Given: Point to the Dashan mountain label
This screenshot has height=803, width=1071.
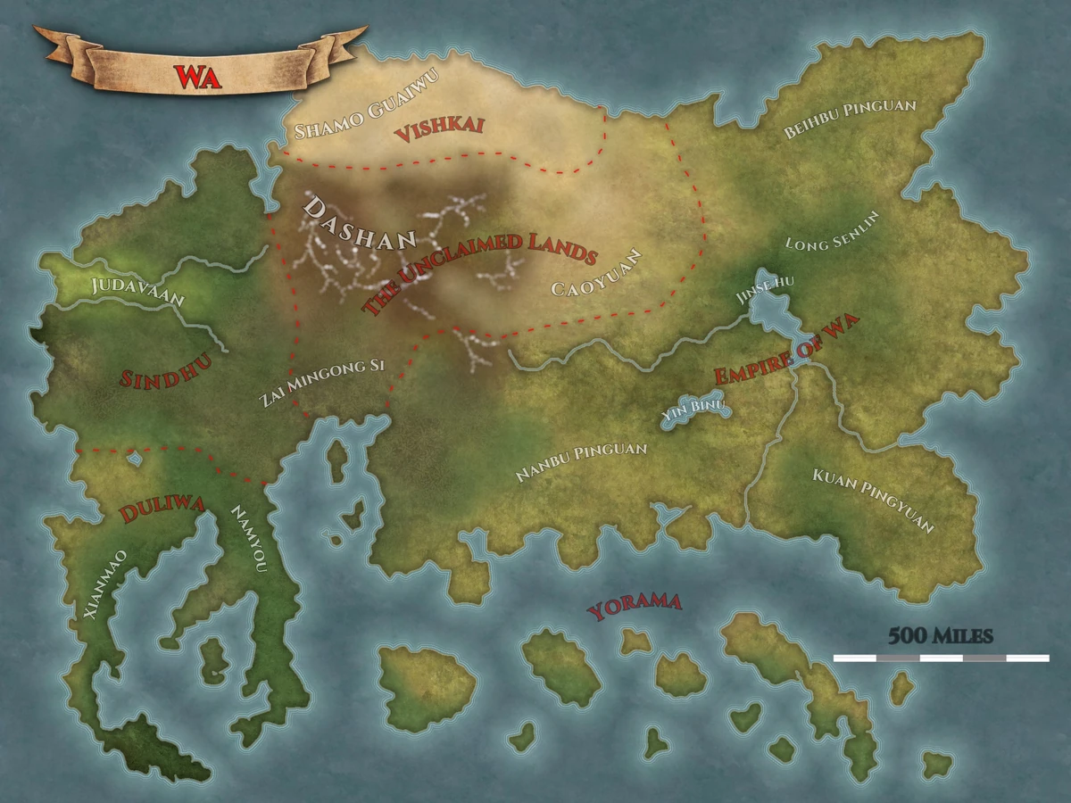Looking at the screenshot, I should [x=360, y=224].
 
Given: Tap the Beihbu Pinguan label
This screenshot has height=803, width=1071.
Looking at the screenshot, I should [x=850, y=119].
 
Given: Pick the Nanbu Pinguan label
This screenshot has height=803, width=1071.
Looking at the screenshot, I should [x=581, y=462].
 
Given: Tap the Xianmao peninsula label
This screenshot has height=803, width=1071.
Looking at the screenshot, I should [x=104, y=585].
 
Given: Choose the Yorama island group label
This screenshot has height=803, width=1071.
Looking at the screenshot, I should [x=635, y=607].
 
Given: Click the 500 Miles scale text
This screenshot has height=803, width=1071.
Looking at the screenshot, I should [x=940, y=635].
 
